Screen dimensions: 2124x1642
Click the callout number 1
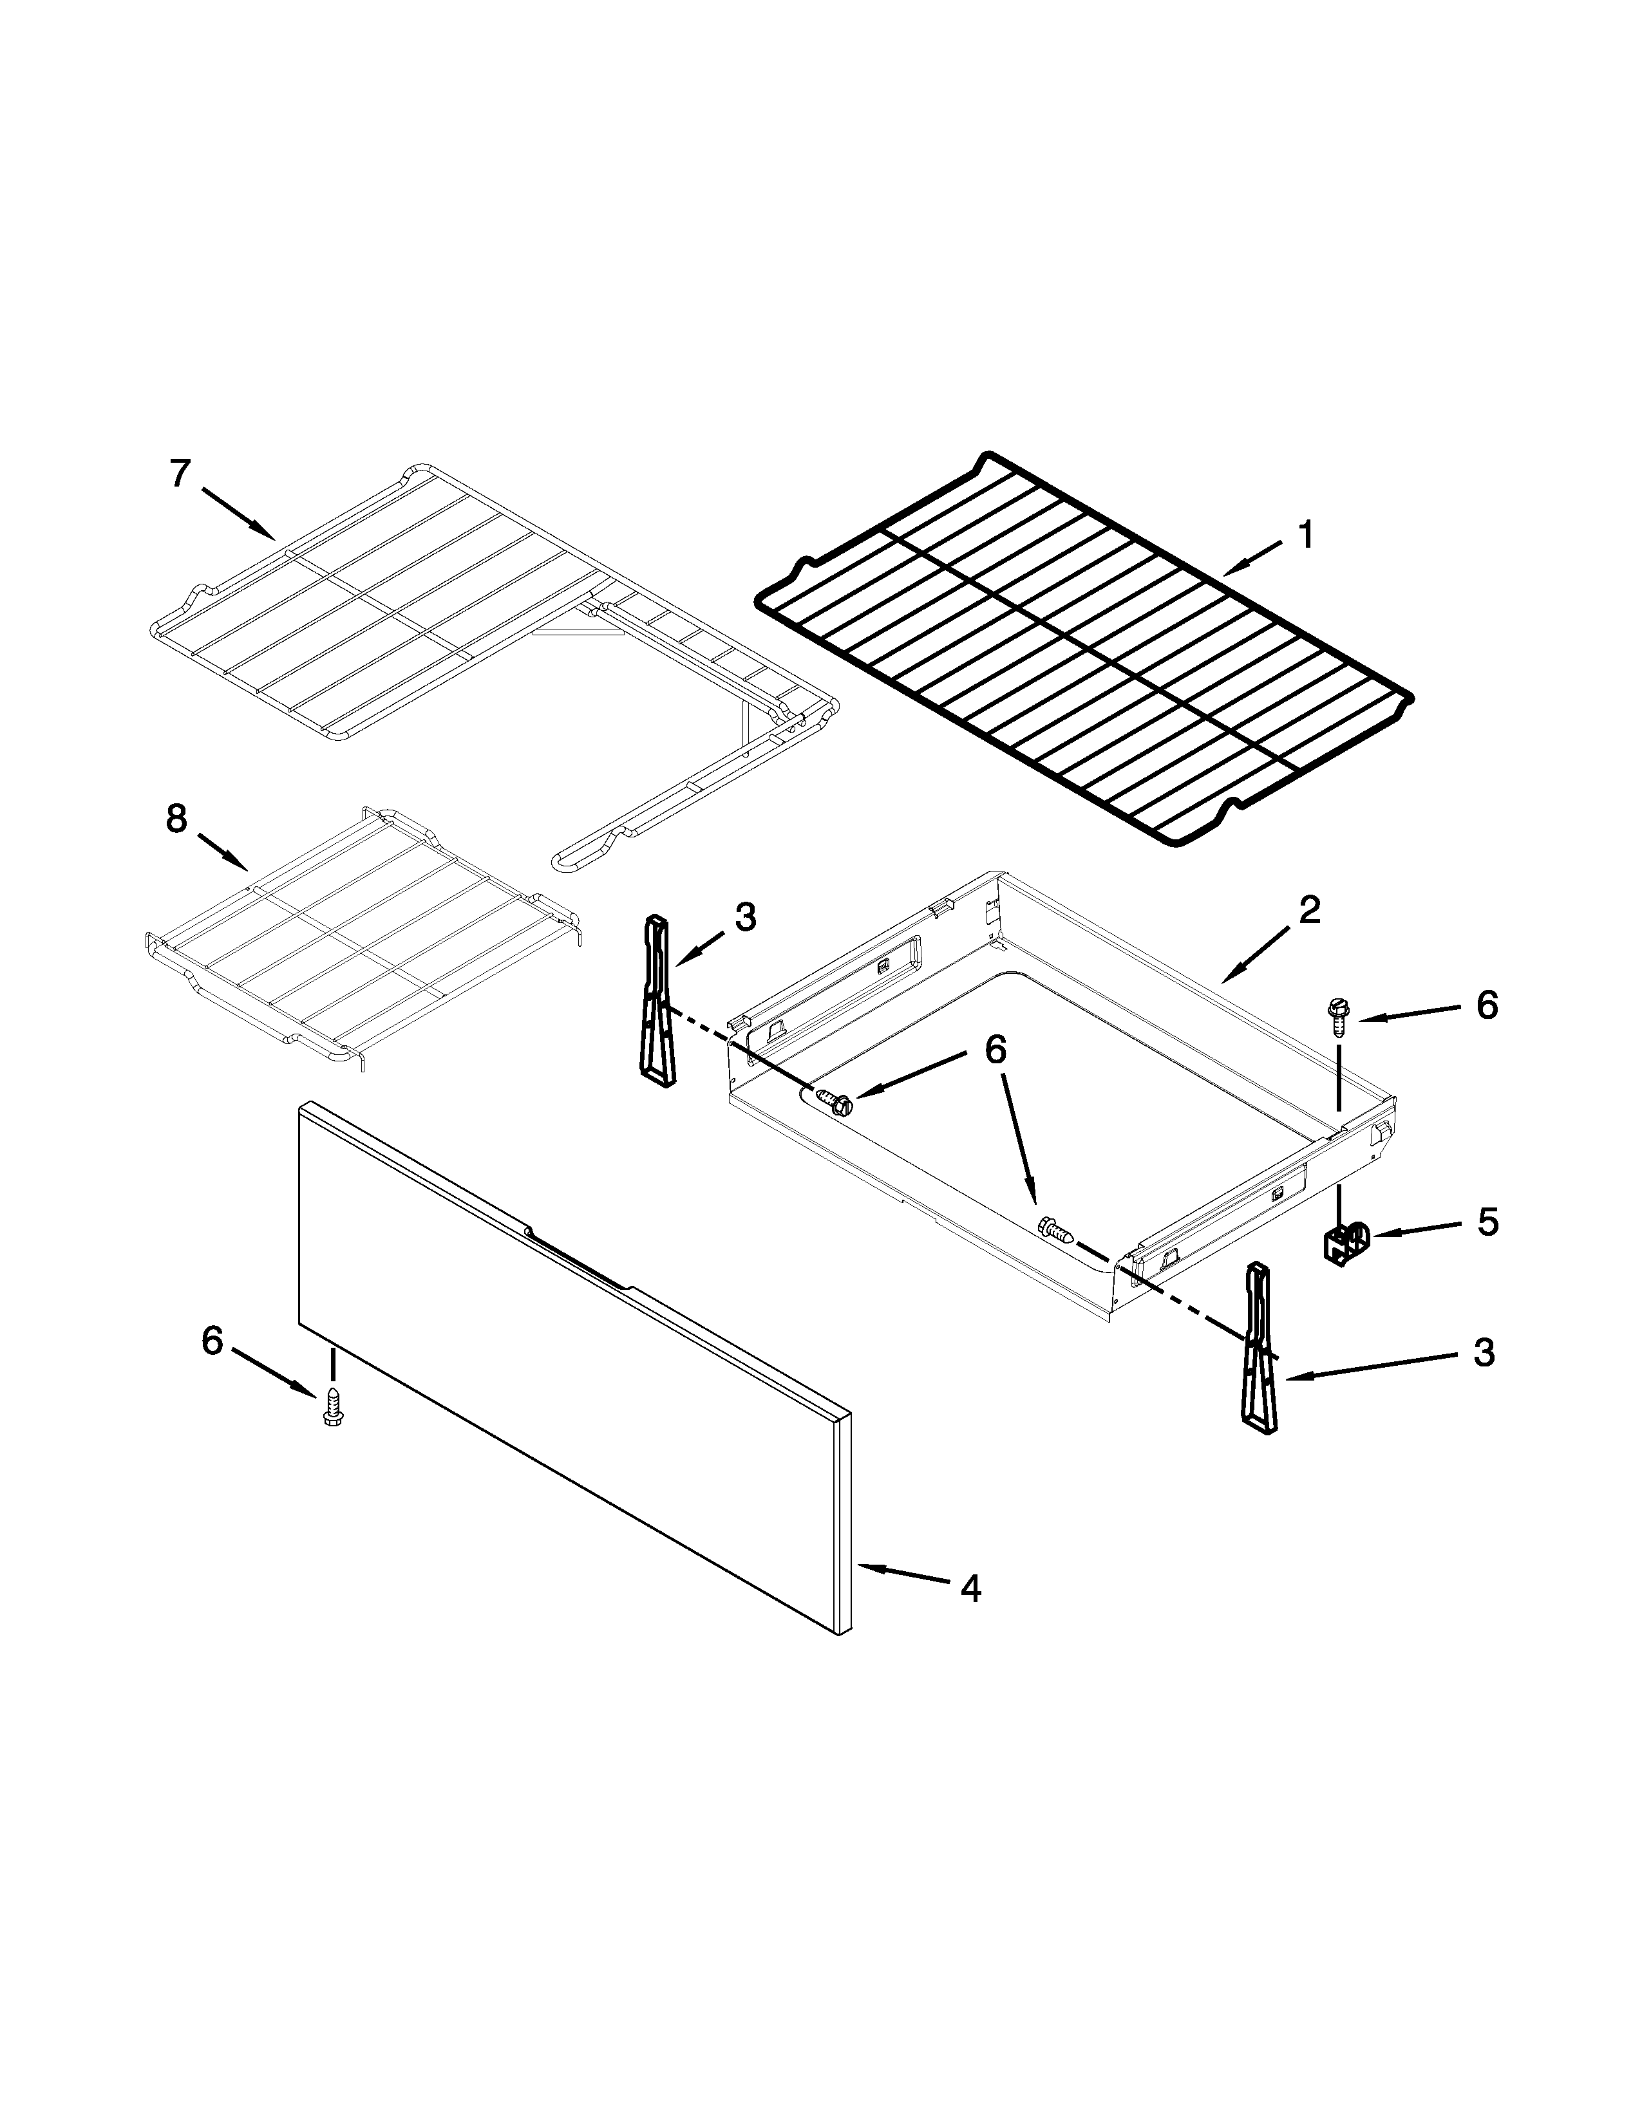pyautogui.click(x=1305, y=534)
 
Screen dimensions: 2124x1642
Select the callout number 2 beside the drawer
pyautogui.click(x=1309, y=910)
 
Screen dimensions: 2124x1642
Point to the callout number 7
pyautogui.click(x=180, y=474)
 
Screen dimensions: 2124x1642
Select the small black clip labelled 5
pyautogui.click(x=1345, y=1242)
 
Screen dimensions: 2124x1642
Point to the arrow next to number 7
pyautogui.click(x=238, y=512)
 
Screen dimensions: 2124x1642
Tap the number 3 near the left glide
pyautogui.click(x=745, y=917)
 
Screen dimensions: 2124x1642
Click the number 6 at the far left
pyautogui.click(x=211, y=1341)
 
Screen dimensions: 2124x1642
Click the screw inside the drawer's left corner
pyautogui.click(x=835, y=1102)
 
